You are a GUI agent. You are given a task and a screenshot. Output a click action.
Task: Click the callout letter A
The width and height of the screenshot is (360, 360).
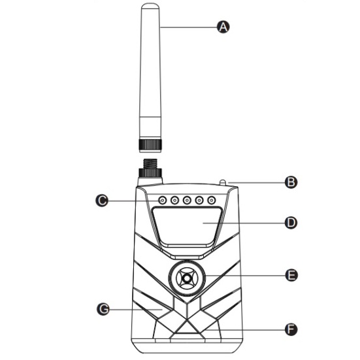pyautogui.click(x=223, y=27)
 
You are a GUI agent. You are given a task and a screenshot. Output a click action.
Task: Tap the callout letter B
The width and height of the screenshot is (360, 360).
pyautogui.click(x=291, y=182)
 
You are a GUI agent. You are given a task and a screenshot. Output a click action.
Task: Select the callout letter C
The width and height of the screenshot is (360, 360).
pyautogui.click(x=102, y=201)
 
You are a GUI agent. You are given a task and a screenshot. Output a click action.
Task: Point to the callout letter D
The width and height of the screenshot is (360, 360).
pyautogui.click(x=291, y=223)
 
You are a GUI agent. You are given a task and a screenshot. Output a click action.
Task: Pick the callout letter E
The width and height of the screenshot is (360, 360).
pyautogui.click(x=291, y=275)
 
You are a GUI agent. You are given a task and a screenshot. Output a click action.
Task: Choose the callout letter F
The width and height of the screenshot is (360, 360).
pyautogui.click(x=291, y=330)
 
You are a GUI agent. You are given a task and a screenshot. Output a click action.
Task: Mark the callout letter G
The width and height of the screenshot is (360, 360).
pyautogui.click(x=103, y=309)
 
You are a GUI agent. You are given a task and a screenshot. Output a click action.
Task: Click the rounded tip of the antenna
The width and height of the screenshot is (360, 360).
pyautogui.click(x=150, y=6)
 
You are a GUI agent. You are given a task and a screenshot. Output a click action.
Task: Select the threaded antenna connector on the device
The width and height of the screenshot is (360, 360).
pyautogui.click(x=150, y=164)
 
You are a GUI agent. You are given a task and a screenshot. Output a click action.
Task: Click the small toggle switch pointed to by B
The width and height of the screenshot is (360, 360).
pyautogui.click(x=223, y=182)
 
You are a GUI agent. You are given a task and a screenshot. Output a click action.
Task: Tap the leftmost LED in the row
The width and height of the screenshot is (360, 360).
pyautogui.click(x=162, y=201)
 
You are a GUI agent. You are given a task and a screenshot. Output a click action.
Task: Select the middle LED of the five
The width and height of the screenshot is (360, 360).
pyautogui.click(x=187, y=201)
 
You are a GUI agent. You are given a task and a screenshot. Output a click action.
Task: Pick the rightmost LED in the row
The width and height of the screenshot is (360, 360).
pyautogui.click(x=211, y=201)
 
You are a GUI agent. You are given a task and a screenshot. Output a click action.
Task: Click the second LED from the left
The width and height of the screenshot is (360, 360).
pyautogui.click(x=174, y=201)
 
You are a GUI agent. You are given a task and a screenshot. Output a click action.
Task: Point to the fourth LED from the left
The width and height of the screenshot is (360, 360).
pyautogui.click(x=199, y=201)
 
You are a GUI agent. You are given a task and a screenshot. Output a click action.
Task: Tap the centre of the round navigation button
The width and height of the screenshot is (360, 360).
pyautogui.click(x=187, y=278)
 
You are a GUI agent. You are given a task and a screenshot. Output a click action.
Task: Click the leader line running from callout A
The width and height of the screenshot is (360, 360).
pyautogui.click(x=189, y=27)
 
